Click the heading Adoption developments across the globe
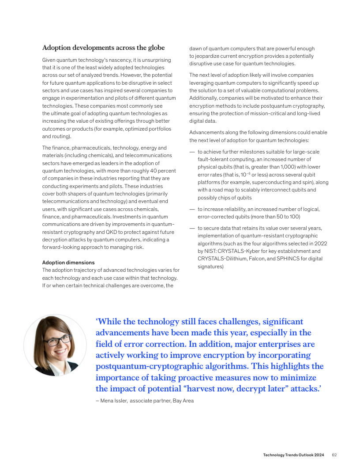tap(103, 48)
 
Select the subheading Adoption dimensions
tap(68, 263)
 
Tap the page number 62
tap(334, 455)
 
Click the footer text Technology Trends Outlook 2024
tap(293, 455)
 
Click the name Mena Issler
tap(113, 401)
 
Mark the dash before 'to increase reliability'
tap(192, 209)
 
